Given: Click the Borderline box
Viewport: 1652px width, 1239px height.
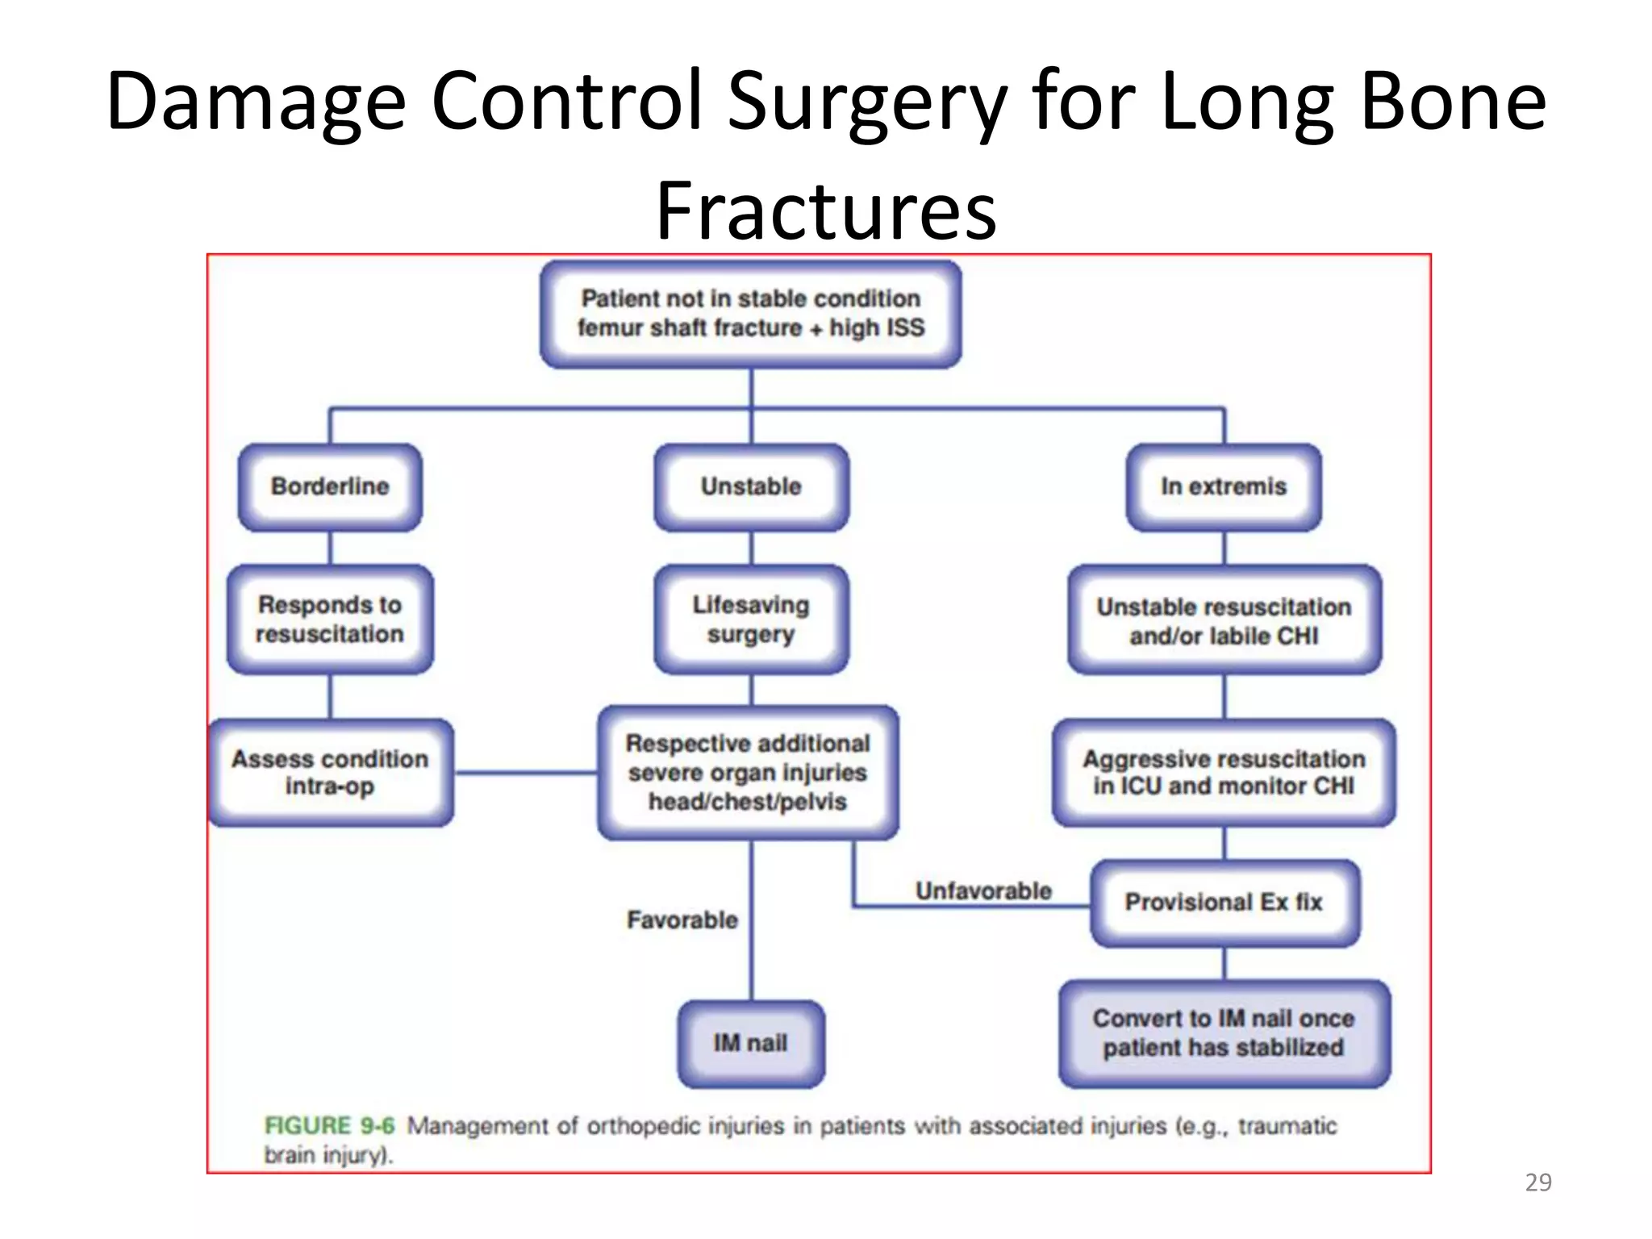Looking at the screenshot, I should point(330,486).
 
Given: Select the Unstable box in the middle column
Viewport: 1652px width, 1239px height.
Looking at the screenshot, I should point(751,486).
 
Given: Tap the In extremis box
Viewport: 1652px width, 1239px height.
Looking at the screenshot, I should point(1223,486).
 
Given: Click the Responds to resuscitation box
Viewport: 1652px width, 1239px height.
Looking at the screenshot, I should point(330,619).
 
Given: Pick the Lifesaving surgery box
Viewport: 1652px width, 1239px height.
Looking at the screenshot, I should point(751,619).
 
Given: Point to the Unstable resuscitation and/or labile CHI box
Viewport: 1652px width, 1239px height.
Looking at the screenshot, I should point(1224,620).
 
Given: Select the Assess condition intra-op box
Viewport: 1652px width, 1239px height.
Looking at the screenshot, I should point(330,772).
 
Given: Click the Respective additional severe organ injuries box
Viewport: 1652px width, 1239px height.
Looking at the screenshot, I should point(748,772).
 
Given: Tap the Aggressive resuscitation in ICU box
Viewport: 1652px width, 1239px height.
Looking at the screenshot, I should point(1224,772).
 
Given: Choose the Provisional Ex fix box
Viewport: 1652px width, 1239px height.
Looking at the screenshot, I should point(1224,902).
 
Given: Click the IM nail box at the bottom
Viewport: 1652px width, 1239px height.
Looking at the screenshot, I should point(750,1043).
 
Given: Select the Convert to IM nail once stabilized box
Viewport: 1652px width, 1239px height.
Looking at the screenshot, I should point(1224,1033).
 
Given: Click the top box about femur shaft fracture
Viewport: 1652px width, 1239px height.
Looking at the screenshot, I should point(750,313).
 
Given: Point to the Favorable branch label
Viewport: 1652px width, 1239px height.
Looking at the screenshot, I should point(682,920).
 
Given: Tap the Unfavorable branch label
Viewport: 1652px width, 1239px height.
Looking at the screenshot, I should point(983,891).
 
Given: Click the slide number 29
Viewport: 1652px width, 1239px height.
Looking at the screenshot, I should point(1537,1182).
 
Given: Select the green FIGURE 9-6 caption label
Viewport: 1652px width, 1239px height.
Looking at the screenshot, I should point(330,1125).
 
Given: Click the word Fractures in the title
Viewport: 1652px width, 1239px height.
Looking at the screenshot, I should point(826,211).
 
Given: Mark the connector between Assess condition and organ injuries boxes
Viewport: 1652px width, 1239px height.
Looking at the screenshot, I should point(526,773).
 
